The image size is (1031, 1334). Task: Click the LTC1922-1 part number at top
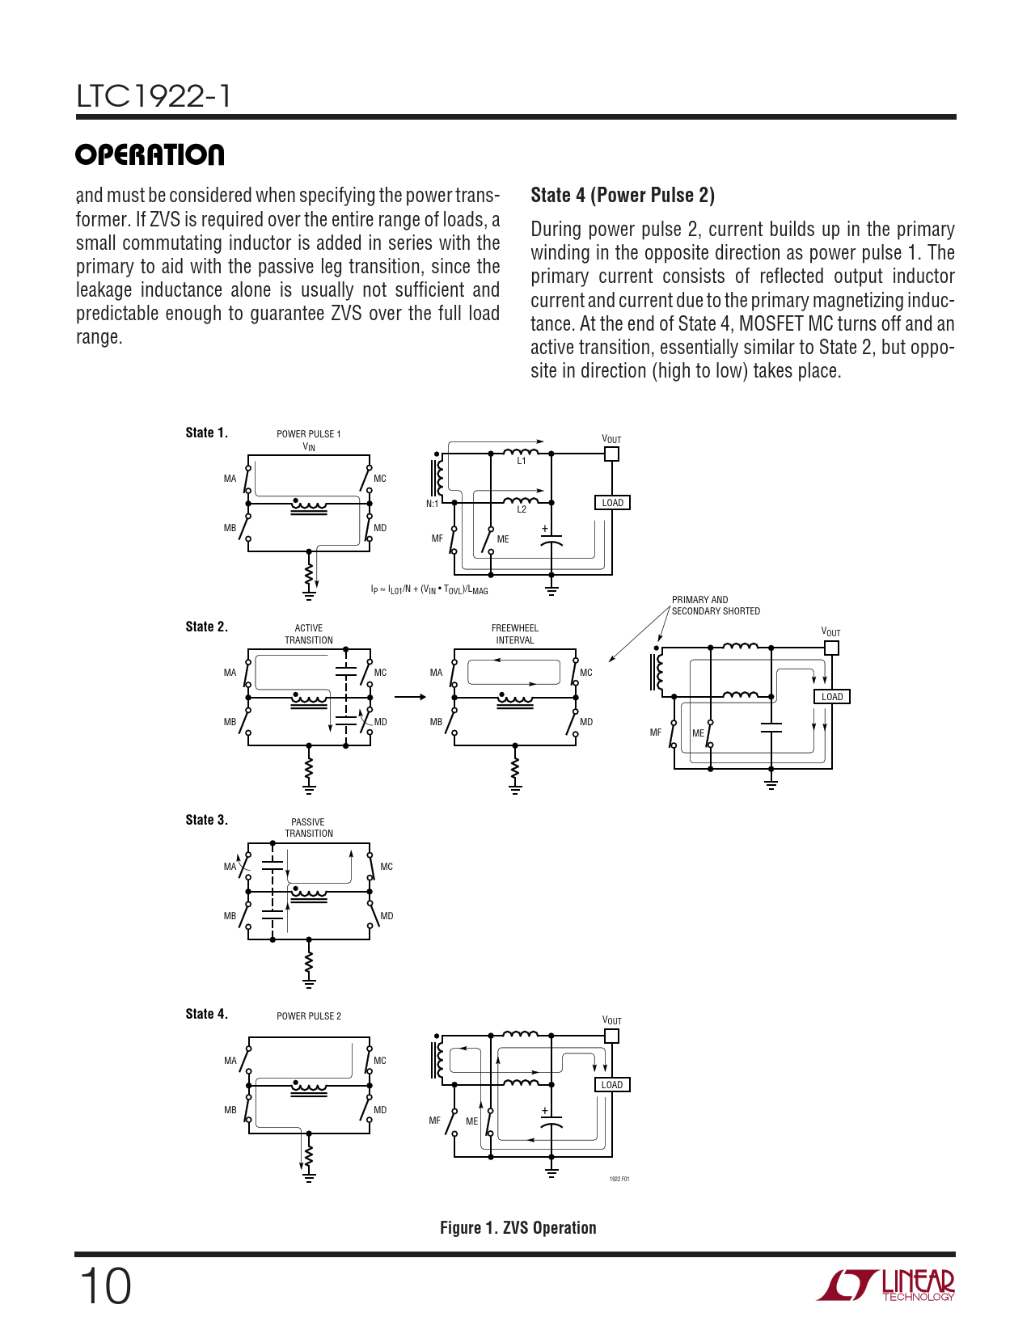click(x=154, y=96)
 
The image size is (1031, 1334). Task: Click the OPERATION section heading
click(x=150, y=154)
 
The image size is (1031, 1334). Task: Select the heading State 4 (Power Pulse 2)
click(x=622, y=196)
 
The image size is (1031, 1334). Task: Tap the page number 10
click(x=104, y=1286)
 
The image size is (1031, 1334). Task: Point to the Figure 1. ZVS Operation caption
click(x=518, y=1228)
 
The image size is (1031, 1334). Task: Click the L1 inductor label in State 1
click(x=522, y=461)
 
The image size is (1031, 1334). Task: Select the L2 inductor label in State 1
click(x=522, y=509)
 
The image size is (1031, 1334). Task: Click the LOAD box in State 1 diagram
click(x=612, y=503)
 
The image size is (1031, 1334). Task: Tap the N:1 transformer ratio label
click(x=432, y=504)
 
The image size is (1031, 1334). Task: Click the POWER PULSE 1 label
click(x=308, y=434)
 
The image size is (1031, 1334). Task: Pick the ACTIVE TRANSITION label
click(x=308, y=634)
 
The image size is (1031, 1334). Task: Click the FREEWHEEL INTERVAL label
click(x=515, y=634)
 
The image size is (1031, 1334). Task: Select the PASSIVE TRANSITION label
click(x=308, y=828)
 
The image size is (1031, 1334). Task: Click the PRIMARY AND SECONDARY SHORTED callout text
click(x=716, y=606)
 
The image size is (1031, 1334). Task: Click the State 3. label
click(x=206, y=820)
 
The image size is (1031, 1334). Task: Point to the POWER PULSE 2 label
click(x=308, y=1016)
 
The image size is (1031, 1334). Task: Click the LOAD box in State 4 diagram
click(x=612, y=1085)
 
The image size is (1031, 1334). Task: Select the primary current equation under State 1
click(x=429, y=589)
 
